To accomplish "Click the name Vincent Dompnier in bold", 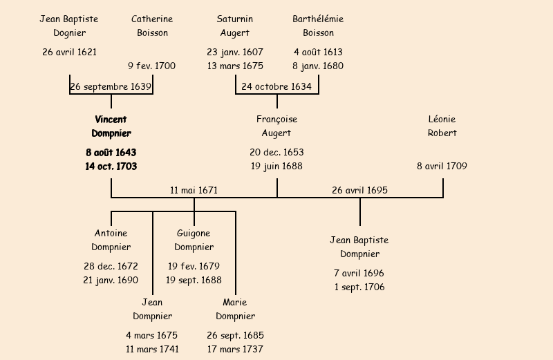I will [x=111, y=126].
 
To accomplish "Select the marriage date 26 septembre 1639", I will [x=111, y=86].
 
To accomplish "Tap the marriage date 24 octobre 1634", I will [x=276, y=86].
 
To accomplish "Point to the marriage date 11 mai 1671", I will [x=194, y=190].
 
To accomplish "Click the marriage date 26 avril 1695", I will [x=359, y=190].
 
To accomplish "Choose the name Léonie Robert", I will [x=442, y=126].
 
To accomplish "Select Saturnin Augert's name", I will [x=235, y=26].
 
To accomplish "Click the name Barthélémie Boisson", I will [x=318, y=26].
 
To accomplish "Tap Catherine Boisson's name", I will [x=152, y=26].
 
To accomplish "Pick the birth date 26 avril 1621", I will [x=69, y=52].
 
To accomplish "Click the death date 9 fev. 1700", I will [x=152, y=66].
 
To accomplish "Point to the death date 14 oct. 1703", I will [x=111, y=167].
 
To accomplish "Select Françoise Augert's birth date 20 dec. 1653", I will [x=276, y=152].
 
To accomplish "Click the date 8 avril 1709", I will [x=442, y=166].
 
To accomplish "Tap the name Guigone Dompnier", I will [x=194, y=240].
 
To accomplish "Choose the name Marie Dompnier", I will [x=235, y=310].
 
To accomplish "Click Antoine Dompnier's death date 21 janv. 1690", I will [x=111, y=280].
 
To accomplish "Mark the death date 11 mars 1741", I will [x=152, y=349].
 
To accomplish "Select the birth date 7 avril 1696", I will [x=359, y=273].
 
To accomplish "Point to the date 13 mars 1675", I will [x=235, y=66].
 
